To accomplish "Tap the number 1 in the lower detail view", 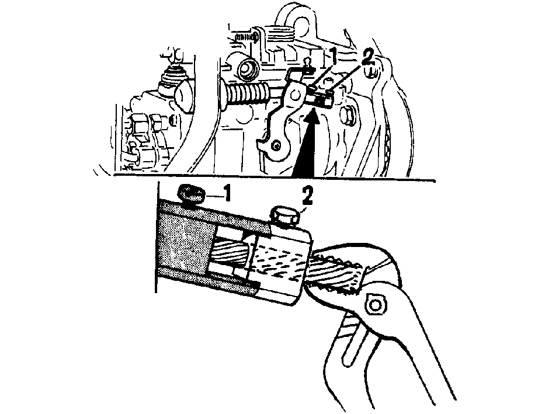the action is [228, 193].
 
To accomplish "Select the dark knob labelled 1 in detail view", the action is [192, 195].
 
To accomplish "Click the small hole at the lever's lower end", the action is [277, 144].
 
